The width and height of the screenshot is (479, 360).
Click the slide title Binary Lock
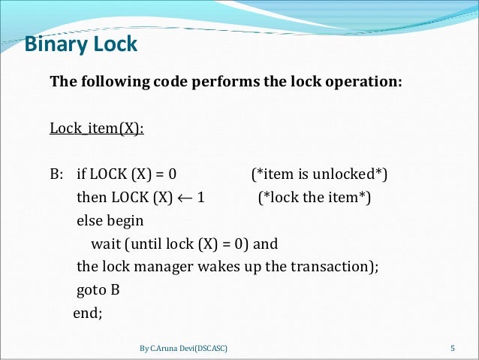click(81, 44)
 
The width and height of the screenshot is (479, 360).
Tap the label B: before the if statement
click(57, 175)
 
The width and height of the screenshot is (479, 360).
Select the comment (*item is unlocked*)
click(319, 175)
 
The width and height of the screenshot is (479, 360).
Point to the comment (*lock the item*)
click(315, 198)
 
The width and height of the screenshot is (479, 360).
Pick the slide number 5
click(453, 348)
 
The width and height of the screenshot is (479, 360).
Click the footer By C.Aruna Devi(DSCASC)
click(184, 348)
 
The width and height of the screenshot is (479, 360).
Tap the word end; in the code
click(87, 313)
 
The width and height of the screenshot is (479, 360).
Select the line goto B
click(98, 290)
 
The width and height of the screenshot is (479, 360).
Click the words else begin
click(110, 222)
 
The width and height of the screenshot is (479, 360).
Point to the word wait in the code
click(106, 244)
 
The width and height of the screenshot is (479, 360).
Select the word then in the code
click(91, 198)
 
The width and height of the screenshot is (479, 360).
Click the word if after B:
click(81, 175)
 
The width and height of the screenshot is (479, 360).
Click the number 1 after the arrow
click(201, 198)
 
